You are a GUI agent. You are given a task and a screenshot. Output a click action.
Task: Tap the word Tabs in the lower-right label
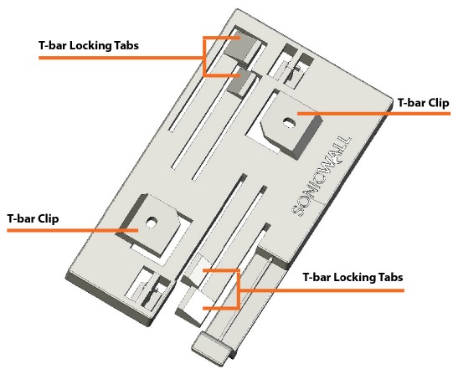click(x=390, y=277)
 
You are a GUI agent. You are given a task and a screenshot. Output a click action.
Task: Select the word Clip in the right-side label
click(x=438, y=103)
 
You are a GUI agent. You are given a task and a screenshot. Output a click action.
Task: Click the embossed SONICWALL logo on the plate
click(x=322, y=176)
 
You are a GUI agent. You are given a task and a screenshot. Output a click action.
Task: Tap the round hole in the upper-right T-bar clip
click(x=288, y=122)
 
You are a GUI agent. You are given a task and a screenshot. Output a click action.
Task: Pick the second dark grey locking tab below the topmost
click(x=241, y=82)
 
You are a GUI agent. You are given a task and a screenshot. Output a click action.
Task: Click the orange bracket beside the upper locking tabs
click(x=204, y=57)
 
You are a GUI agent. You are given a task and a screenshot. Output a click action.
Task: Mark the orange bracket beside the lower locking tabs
click(x=238, y=290)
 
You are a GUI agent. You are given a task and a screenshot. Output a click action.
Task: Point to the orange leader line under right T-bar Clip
click(x=373, y=114)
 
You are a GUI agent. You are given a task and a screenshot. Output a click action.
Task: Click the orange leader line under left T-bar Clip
click(x=73, y=230)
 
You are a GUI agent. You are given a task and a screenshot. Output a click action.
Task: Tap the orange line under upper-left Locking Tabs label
click(x=121, y=58)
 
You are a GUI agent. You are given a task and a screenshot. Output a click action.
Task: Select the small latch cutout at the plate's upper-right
click(x=291, y=65)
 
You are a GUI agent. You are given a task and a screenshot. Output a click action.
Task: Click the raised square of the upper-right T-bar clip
click(x=291, y=124)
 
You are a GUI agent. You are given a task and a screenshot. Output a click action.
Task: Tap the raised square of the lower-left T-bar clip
click(x=149, y=224)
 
